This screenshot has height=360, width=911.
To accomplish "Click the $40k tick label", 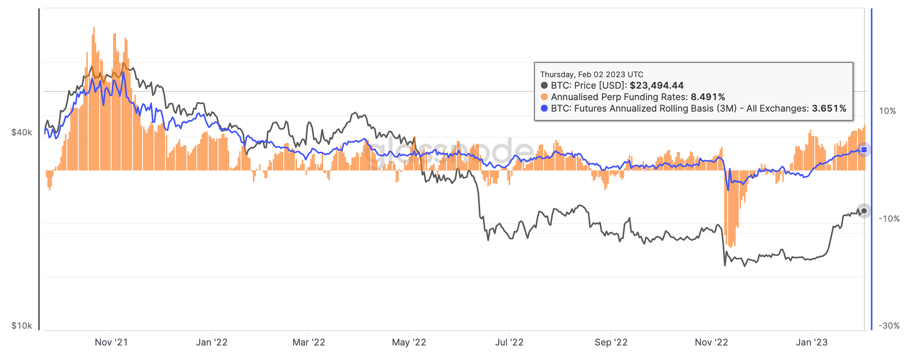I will [22, 133].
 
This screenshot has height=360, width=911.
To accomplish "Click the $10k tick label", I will [22, 326].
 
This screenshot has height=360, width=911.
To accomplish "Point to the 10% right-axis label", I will [887, 111].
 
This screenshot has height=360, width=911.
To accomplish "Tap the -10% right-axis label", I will [889, 219].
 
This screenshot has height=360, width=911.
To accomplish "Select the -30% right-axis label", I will [889, 326].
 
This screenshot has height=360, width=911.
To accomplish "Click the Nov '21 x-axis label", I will [111, 342].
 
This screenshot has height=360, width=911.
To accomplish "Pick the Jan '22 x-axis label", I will [212, 342].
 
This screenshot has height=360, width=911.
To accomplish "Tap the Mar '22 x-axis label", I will [309, 342].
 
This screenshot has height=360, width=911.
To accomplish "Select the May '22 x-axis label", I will [409, 342].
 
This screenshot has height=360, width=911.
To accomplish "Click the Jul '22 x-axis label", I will [509, 342].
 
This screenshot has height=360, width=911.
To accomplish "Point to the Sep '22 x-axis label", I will [611, 342].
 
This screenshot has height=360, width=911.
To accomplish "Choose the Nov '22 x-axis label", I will [711, 342].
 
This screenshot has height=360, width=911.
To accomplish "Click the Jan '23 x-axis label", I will [812, 342].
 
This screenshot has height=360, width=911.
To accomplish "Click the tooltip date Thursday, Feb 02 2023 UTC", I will [592, 75].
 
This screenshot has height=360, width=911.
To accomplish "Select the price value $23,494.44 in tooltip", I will [657, 86].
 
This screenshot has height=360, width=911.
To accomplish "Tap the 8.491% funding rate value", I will [708, 97].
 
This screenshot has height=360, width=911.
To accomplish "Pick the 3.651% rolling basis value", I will [829, 109].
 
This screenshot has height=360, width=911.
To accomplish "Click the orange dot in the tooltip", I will [544, 97].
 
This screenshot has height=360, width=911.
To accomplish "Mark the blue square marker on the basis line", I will [864, 150].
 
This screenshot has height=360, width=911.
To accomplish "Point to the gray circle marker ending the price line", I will [864, 211].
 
